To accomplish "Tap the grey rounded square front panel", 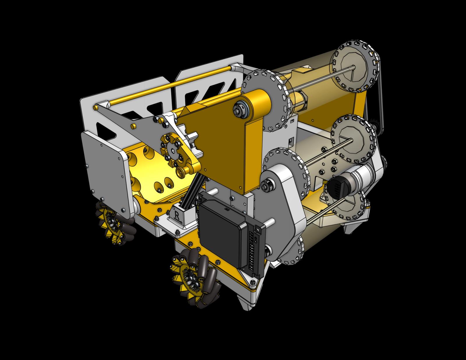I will coord(102,163).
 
